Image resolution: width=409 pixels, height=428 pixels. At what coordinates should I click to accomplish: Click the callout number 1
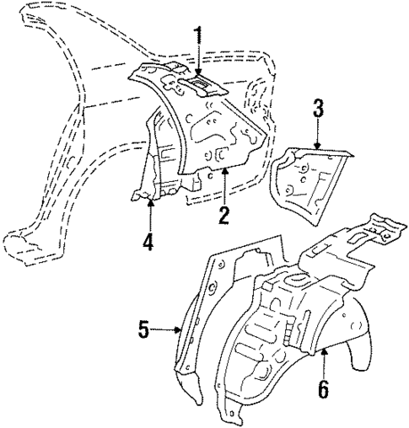coord(198,35)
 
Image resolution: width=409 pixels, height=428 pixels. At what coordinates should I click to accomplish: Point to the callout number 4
coord(148,242)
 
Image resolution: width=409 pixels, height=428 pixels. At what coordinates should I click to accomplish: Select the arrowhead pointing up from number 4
coord(148,199)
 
